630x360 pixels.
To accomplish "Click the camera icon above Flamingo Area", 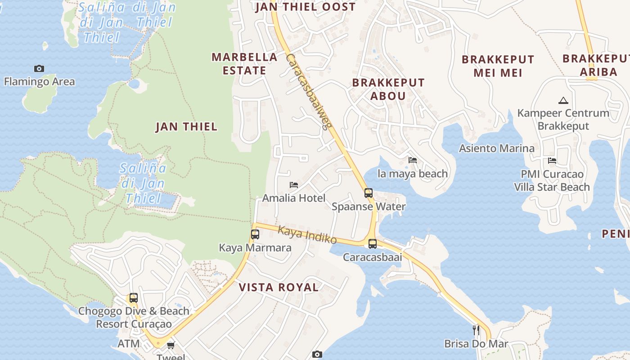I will tap(39, 68).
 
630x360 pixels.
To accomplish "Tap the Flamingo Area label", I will tap(39, 81).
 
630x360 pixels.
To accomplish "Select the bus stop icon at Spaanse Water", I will tap(369, 193).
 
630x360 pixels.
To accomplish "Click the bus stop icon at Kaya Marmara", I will tap(255, 234).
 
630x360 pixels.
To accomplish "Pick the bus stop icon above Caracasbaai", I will tap(373, 244).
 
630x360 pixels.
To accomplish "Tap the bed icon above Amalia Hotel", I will tap(294, 184).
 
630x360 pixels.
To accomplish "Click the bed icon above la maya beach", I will tap(413, 160).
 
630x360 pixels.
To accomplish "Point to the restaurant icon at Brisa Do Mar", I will tap(476, 330).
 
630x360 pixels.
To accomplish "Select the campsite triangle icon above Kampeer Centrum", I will tap(563, 100).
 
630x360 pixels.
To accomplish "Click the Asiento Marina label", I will tap(497, 148).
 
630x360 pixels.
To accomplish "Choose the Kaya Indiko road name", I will tap(307, 235).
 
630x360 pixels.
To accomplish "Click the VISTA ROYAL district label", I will tap(279, 288).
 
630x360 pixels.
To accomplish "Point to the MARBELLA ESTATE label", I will tap(244, 63).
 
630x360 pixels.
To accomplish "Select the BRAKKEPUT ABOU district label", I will tap(388, 89).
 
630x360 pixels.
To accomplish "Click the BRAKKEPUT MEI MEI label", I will tap(498, 66).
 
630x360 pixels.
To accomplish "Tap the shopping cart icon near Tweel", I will tap(171, 345).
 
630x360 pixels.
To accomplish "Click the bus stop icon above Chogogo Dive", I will tap(133, 298).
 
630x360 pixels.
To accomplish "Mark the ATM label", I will tap(129, 344).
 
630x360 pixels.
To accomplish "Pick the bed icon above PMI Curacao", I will tap(552, 160).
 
